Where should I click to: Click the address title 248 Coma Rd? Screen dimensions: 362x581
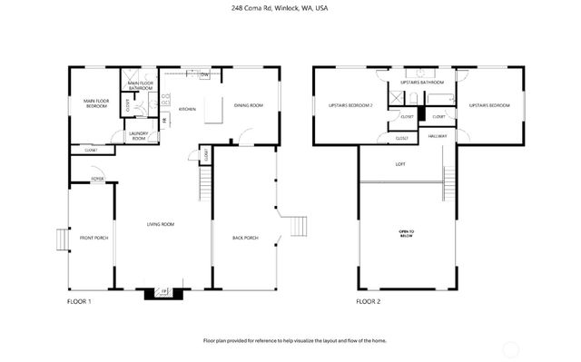point(290,8)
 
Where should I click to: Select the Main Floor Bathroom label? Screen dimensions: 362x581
point(140,85)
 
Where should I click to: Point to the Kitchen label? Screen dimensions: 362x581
point(187,109)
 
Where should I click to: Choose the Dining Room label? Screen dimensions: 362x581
point(249,105)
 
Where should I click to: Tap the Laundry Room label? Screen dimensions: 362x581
point(138,135)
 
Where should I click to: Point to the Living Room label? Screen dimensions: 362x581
point(162,224)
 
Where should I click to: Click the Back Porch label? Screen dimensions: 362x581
point(245,238)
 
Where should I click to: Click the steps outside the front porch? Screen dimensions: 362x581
point(61,239)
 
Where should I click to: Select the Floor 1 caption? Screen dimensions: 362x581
point(80,300)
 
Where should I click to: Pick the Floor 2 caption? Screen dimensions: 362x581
point(368,300)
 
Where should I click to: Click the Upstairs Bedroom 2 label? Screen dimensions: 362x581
point(350,105)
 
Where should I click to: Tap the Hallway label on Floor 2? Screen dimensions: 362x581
point(438,135)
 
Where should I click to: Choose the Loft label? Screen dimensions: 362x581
point(400,164)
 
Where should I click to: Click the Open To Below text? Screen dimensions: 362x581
point(406,233)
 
